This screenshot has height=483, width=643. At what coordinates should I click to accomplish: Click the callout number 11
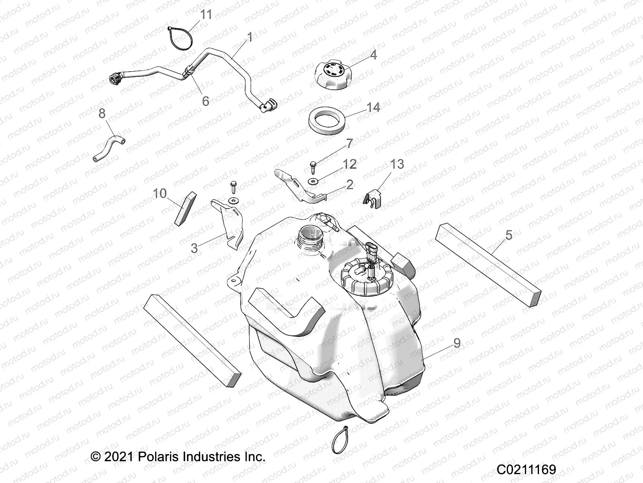pos(206,15)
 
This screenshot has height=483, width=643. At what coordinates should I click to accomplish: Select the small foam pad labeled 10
pos(186,208)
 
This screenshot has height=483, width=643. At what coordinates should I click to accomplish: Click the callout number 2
pos(350,184)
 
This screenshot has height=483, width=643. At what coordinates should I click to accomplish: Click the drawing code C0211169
pos(526,470)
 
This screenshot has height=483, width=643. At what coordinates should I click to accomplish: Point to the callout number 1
pos(250,37)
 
